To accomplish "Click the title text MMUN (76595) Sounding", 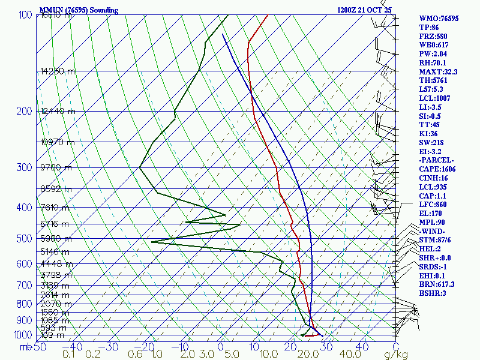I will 79,10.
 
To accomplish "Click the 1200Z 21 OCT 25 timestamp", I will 365,10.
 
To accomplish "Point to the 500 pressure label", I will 24,239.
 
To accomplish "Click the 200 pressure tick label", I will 24,111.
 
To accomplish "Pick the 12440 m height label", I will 58,111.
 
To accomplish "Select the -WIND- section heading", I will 433,231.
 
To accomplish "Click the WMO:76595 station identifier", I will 439,19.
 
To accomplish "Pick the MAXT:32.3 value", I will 439,71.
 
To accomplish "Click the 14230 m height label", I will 58,71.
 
